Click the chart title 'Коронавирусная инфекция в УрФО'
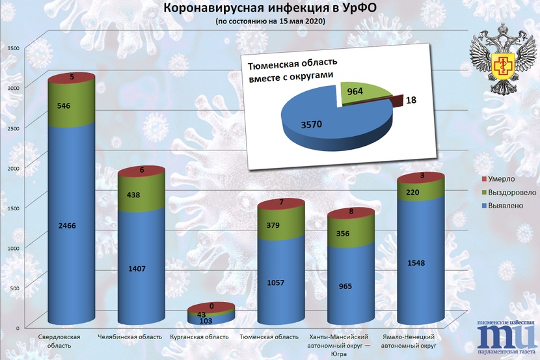tap(271, 8)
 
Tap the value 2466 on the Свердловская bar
tap(72, 225)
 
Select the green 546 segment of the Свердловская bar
tap(72, 105)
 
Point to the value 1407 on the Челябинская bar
tap(140, 268)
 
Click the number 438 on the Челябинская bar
tap(140, 194)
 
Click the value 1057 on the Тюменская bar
tap(280, 283)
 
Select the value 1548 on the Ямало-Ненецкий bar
tap(420, 263)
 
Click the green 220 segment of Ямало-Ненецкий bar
tap(420, 192)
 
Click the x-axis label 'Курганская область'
tap(198, 337)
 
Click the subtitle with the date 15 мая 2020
tap(271, 21)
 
